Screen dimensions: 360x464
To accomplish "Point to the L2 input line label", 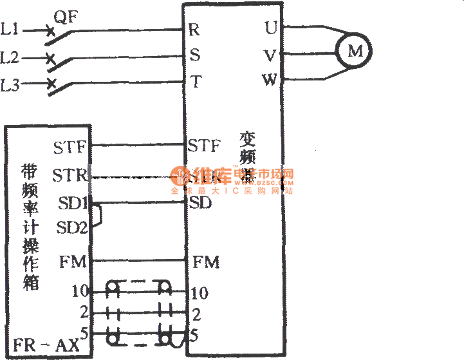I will (x=10, y=58).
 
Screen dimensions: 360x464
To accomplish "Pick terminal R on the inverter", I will (x=194, y=30).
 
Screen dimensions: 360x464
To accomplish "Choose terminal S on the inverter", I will (x=194, y=55).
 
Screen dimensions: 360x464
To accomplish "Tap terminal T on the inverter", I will (x=195, y=82).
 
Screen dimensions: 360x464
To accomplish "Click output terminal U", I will (x=270, y=28).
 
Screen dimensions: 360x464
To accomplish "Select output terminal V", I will (x=270, y=55).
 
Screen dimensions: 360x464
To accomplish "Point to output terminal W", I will (x=270, y=81).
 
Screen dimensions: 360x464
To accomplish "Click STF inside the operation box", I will (x=70, y=147).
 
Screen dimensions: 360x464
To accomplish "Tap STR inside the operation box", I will (x=69, y=175).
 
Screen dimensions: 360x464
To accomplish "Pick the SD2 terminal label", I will (x=71, y=227).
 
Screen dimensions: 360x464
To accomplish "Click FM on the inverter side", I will (x=206, y=262).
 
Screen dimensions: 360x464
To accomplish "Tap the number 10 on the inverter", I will (x=200, y=294).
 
